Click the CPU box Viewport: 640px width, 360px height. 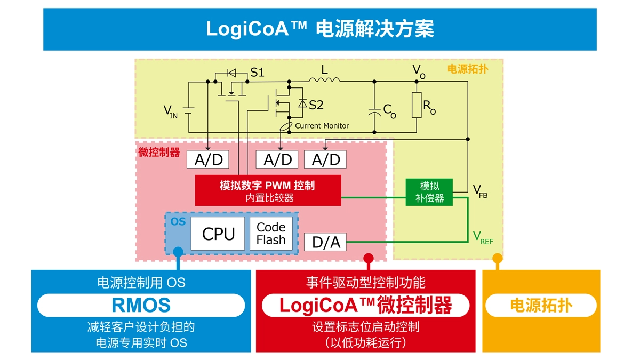[x=218, y=234]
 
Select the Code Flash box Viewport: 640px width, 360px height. [x=271, y=234]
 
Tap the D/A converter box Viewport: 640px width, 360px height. [x=325, y=242]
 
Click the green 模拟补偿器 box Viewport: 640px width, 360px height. [x=429, y=192]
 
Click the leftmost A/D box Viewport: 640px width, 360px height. [x=208, y=159]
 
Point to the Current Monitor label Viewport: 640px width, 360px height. [x=322, y=126]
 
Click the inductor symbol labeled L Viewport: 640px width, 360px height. [x=324, y=80]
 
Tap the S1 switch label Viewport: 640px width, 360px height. [x=257, y=73]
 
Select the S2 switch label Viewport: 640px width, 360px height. [x=316, y=105]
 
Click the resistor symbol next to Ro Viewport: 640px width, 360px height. [x=417, y=105]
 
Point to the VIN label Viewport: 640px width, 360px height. [x=170, y=112]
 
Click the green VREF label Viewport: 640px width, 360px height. [x=483, y=237]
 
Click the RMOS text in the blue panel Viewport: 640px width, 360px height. [x=141, y=305]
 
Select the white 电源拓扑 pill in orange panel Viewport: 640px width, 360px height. [x=541, y=305]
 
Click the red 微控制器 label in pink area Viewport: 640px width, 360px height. [x=159, y=152]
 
